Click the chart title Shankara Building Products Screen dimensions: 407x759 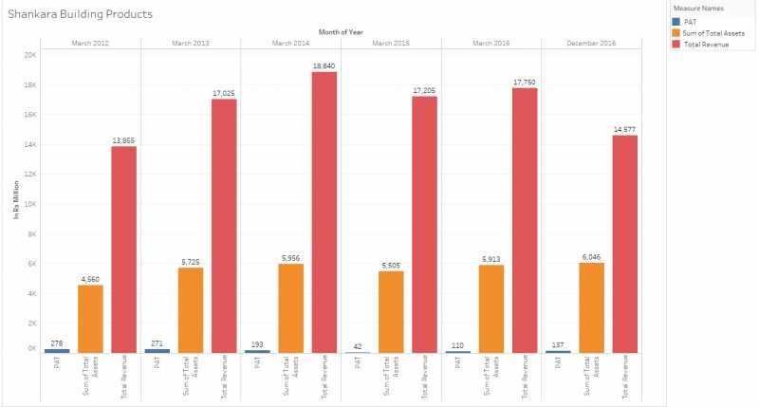click(81, 15)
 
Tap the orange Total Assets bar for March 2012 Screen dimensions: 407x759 click(90, 319)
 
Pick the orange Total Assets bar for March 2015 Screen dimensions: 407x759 click(391, 312)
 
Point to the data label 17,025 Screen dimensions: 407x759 click(224, 92)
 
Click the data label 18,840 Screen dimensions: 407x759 click(324, 65)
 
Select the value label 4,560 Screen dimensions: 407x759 click(90, 279)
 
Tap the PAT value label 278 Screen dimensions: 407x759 click(57, 343)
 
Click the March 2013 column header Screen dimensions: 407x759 click(191, 44)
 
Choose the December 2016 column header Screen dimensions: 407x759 click(590, 44)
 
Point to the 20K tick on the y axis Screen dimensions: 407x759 click(30, 54)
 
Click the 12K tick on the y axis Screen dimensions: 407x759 click(30, 174)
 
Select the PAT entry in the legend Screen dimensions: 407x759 click(691, 21)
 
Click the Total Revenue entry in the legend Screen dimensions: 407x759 click(706, 44)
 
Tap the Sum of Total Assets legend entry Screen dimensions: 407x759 click(713, 32)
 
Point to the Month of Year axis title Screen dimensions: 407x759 click(341, 32)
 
